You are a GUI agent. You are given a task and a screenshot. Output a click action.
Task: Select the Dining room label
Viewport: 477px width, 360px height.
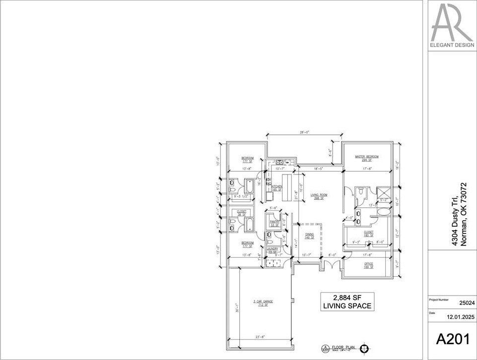[309, 236]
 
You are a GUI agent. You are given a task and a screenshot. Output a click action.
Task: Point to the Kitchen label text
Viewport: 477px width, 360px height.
[276, 187]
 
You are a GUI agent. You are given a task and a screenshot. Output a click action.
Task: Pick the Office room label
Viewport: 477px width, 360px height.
[368, 265]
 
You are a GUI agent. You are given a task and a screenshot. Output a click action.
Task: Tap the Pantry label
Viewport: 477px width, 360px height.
[274, 223]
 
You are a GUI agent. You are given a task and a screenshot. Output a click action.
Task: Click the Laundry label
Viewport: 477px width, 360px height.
[272, 250]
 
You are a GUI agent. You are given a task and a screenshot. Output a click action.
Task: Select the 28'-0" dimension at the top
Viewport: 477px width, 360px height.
[304, 133]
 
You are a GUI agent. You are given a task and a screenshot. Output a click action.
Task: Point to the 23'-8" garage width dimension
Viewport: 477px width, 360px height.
[259, 337]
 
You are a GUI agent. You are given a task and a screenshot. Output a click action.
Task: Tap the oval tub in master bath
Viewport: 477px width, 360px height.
[383, 212]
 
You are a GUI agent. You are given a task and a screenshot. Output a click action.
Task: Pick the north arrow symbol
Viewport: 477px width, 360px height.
[365, 348]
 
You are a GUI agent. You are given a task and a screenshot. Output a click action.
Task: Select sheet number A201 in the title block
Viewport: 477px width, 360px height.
[452, 339]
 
